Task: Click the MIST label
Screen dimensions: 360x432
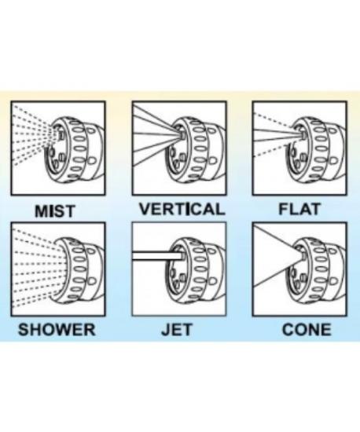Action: click(x=55, y=211)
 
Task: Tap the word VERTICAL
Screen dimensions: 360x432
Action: click(x=182, y=209)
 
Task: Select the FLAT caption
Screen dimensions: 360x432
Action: click(x=299, y=209)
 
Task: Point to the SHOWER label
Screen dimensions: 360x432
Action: click(x=57, y=330)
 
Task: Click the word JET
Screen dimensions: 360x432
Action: click(x=177, y=330)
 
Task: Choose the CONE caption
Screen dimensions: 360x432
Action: click(x=307, y=330)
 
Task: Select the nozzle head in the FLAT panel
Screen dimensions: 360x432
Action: click(x=317, y=148)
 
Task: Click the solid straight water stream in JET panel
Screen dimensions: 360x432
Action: click(x=157, y=256)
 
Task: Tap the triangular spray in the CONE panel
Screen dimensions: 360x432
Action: click(x=276, y=256)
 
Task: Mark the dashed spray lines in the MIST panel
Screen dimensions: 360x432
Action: click(x=33, y=136)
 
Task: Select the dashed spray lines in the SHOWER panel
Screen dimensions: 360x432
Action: click(x=39, y=267)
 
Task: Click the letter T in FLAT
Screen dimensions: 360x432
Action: click(x=314, y=209)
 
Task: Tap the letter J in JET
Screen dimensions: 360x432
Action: click(x=166, y=330)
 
